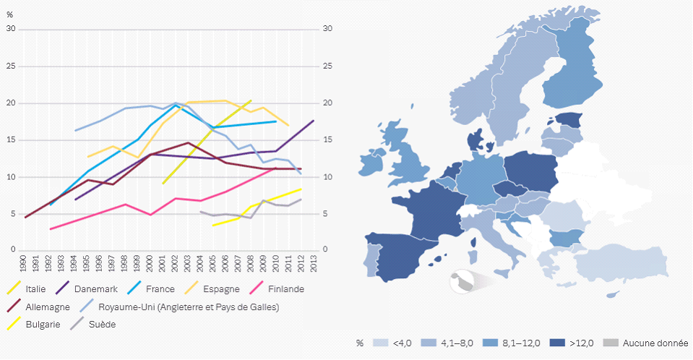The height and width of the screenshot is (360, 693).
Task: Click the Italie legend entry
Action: [36, 289]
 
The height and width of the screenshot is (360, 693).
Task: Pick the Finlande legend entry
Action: [285, 289]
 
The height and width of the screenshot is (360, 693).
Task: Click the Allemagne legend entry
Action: [47, 307]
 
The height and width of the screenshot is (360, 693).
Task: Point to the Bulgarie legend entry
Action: [42, 324]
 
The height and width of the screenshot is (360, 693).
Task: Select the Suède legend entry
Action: [103, 324]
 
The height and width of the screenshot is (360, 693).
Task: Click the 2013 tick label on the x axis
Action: [313, 262]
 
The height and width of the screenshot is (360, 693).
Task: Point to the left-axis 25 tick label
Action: [10, 66]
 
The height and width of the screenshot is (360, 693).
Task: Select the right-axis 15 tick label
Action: [327, 140]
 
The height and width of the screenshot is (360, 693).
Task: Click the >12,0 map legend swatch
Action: [556, 343]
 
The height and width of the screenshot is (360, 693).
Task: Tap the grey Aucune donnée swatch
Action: [611, 343]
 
